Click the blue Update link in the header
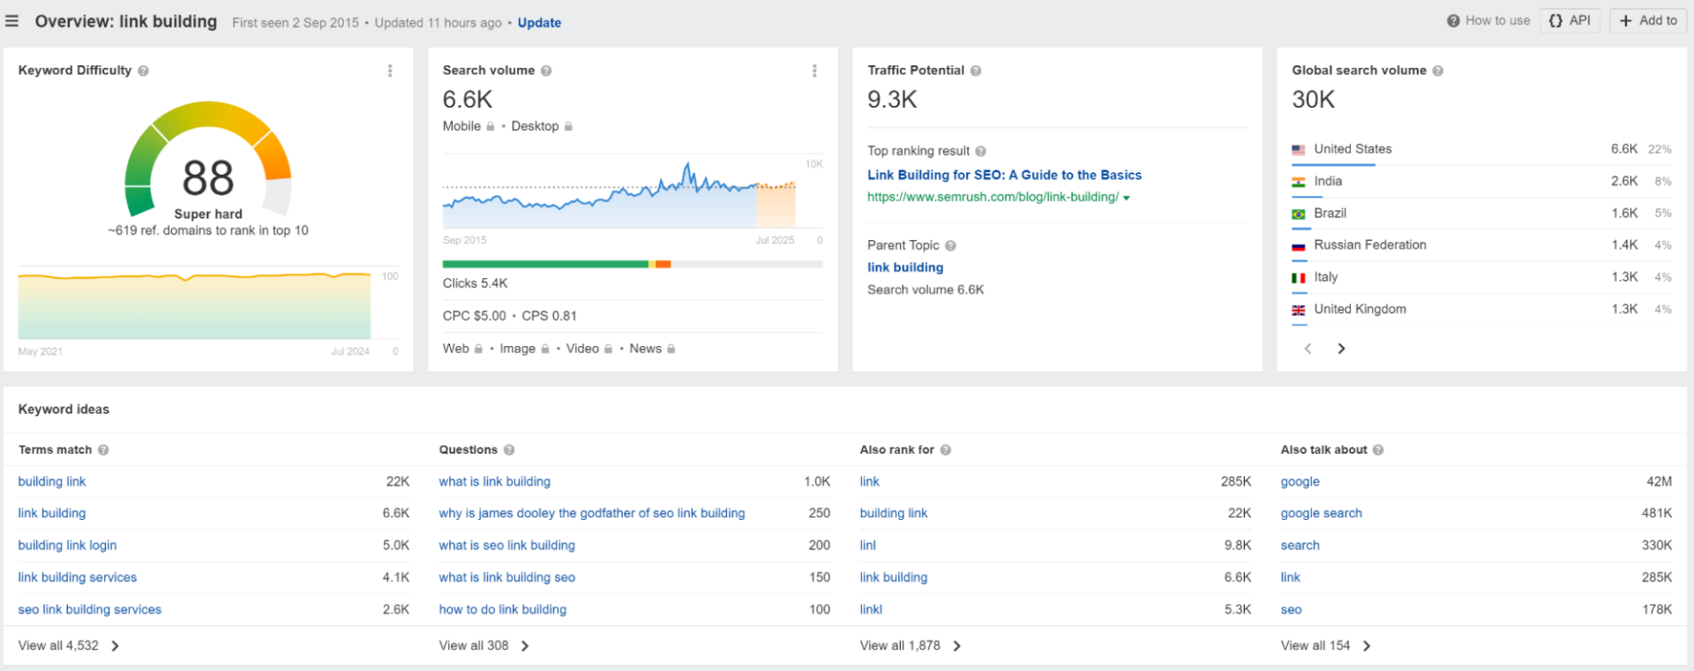pos(539,23)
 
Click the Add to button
pos(1648,20)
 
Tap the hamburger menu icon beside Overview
pos(11,21)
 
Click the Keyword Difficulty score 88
pos(208,177)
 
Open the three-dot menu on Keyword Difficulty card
pos(390,71)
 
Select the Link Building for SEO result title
pos(1004,175)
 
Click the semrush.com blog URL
pos(993,197)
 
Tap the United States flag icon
pos(1299,150)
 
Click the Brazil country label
pos(1330,213)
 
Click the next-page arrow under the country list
pos(1341,349)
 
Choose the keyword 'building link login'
pos(67,546)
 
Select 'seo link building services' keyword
pos(90,609)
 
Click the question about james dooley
pos(592,513)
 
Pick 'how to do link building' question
pos(503,609)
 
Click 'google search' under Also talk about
pos(1321,513)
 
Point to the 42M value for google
pos(1659,481)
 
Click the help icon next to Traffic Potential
pos(976,71)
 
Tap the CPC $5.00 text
pos(475,316)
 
